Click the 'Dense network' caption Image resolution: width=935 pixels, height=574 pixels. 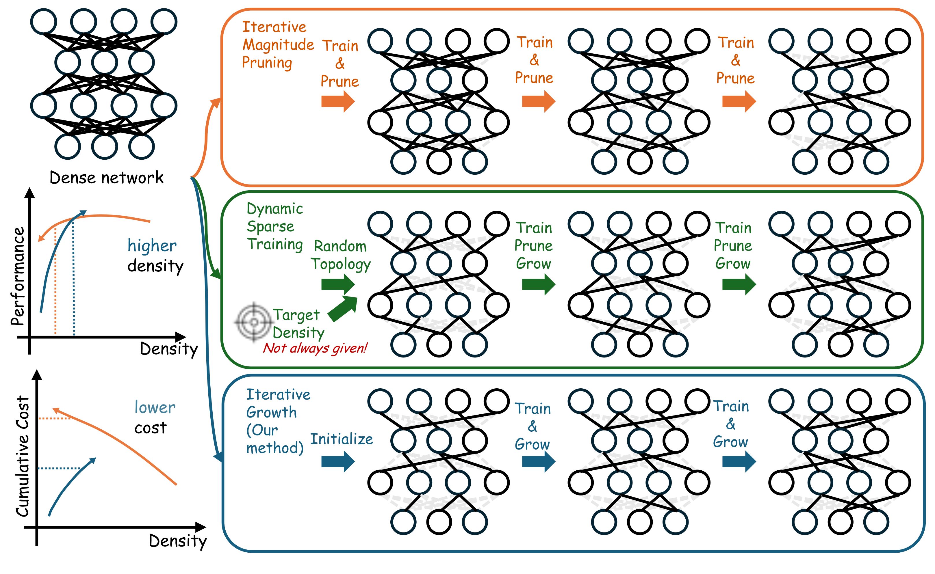(x=106, y=178)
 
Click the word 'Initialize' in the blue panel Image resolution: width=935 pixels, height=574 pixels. (x=342, y=439)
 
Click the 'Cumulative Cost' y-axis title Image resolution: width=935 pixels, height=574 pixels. (x=23, y=456)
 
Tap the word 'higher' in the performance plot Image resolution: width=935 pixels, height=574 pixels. (x=152, y=246)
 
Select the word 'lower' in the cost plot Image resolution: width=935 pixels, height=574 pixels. (x=155, y=408)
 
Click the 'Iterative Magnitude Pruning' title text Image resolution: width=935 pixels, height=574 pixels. (x=278, y=45)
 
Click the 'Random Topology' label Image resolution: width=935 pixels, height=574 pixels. (x=340, y=255)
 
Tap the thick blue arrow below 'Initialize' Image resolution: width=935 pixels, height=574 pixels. (x=338, y=461)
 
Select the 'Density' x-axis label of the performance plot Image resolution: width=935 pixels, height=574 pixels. (x=169, y=349)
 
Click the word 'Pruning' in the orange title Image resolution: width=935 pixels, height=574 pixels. (x=267, y=63)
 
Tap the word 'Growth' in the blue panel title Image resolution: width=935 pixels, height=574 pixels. (x=271, y=412)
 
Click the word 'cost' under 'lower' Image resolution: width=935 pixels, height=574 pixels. (x=151, y=428)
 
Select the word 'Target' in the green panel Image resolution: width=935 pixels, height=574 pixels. (x=296, y=315)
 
